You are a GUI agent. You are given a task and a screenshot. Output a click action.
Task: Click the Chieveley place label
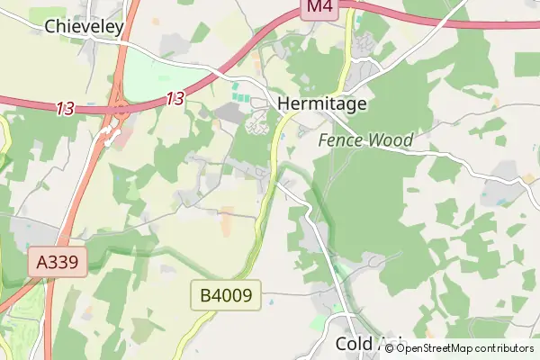pyautogui.click(x=84, y=27)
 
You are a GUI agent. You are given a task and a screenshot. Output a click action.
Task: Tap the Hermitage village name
pyautogui.click(x=323, y=103)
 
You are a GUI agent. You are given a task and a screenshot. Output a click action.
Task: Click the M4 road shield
pyautogui.click(x=319, y=8)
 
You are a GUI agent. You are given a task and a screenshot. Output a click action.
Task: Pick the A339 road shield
pyautogui.click(x=58, y=263)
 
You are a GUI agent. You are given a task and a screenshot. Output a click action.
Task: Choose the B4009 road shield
pyautogui.click(x=225, y=294)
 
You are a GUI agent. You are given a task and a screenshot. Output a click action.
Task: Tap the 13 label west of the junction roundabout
pyautogui.click(x=65, y=109)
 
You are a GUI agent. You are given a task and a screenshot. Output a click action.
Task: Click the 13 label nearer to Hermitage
pyautogui.click(x=175, y=98)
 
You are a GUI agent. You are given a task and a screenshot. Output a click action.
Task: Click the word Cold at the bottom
pyautogui.click(x=354, y=344)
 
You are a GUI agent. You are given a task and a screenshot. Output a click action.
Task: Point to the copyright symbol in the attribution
pyautogui.click(x=390, y=348)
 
